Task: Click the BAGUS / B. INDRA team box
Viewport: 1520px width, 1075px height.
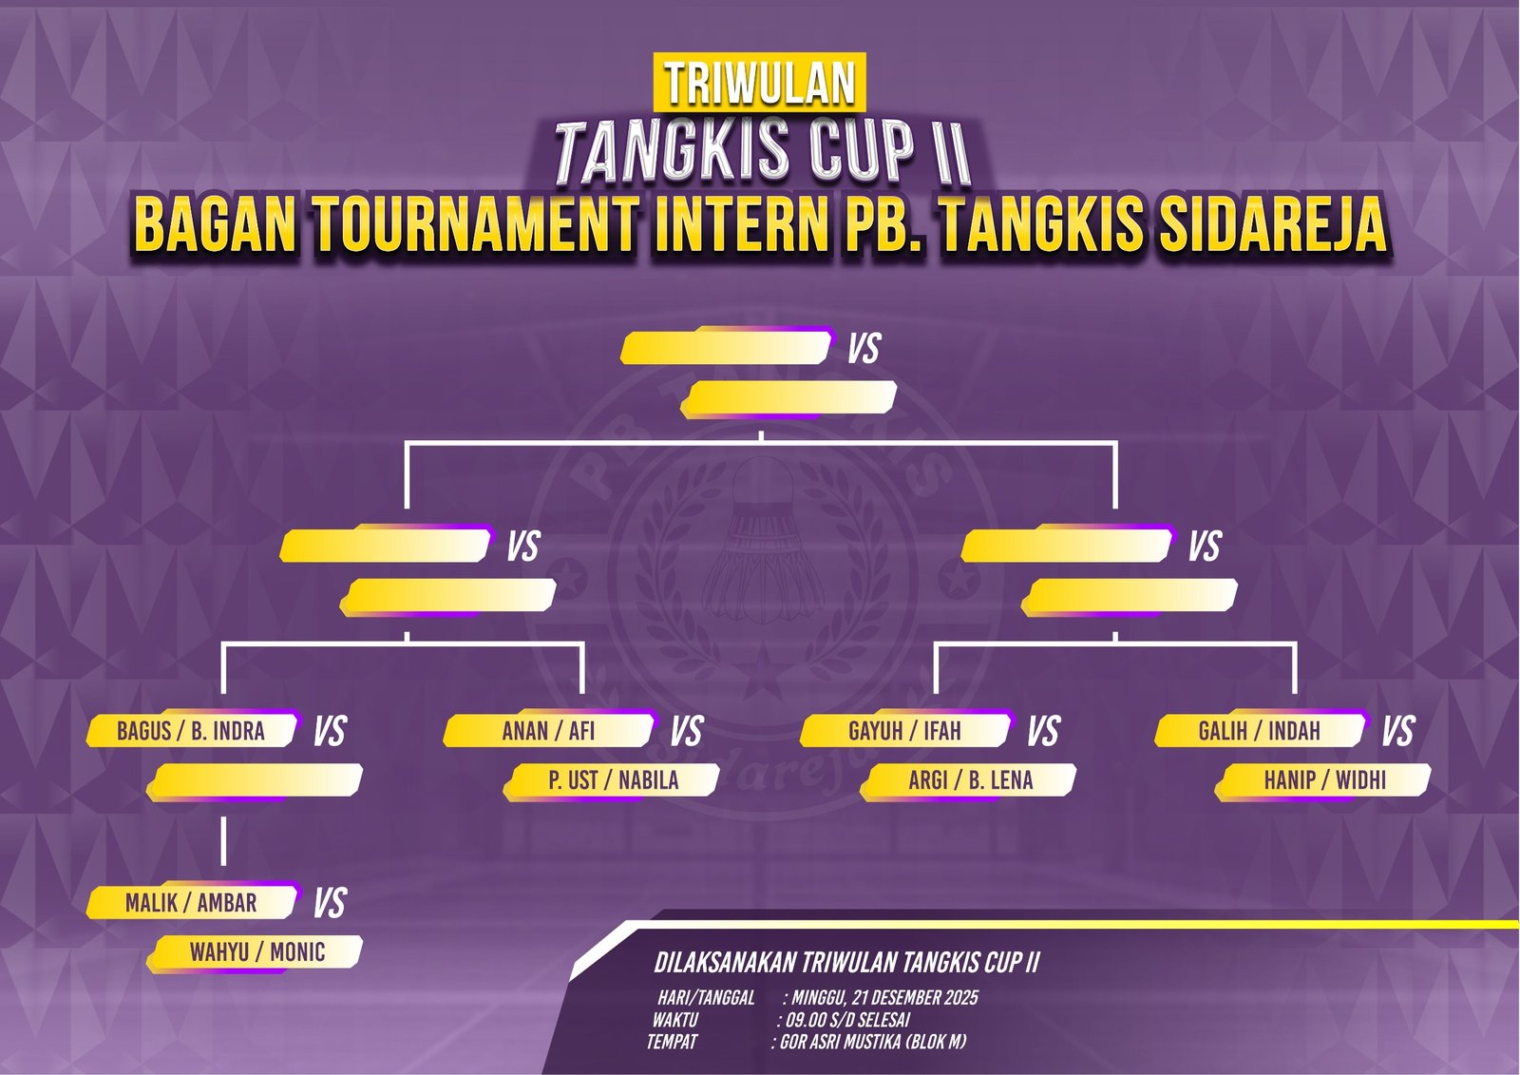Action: (x=192, y=730)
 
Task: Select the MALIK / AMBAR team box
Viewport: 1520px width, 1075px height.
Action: (x=192, y=902)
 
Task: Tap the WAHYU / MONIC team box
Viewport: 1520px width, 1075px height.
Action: (x=256, y=952)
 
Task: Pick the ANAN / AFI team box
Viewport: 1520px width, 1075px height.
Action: (x=549, y=730)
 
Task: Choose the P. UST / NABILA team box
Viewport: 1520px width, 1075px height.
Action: (x=612, y=780)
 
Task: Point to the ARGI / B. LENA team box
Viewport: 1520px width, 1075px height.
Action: (x=969, y=780)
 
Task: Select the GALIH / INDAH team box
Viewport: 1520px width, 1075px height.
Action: (x=1261, y=730)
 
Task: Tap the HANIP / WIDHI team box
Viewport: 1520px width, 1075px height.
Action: (x=1324, y=780)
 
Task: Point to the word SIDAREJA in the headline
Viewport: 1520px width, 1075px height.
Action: (x=1272, y=224)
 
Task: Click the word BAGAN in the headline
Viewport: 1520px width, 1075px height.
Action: (x=216, y=224)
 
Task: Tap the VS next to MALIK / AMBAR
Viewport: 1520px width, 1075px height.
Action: (x=330, y=902)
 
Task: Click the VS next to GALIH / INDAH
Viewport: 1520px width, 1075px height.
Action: (x=1397, y=731)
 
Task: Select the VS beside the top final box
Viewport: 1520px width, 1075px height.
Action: (x=864, y=349)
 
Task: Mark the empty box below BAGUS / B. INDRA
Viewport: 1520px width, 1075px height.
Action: (x=256, y=780)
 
